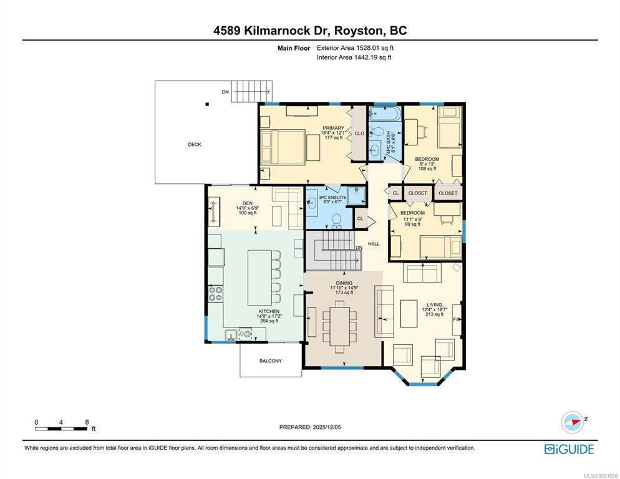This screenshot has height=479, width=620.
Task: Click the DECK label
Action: pyautogui.click(x=194, y=144)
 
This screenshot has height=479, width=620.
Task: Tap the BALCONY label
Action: pyautogui.click(x=271, y=360)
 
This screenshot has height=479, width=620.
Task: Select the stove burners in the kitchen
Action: pyautogui.click(x=215, y=294)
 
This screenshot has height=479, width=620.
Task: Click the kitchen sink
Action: pyautogui.click(x=231, y=335)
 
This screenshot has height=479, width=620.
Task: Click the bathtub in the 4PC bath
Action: pyautogui.click(x=385, y=114)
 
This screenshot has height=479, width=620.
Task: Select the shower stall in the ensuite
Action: pyautogui.click(x=356, y=195)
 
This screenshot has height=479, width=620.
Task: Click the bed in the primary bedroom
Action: pyautogui.click(x=283, y=147)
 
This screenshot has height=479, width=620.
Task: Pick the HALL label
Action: pyautogui.click(x=374, y=244)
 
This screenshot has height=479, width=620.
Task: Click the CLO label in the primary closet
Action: pyautogui.click(x=359, y=133)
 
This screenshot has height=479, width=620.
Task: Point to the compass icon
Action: pyautogui.click(x=573, y=422)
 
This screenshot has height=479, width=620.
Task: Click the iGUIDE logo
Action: pyautogui.click(x=569, y=449)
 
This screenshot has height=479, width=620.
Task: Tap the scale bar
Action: pyautogui.click(x=61, y=428)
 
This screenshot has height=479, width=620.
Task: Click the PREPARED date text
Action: pyautogui.click(x=310, y=427)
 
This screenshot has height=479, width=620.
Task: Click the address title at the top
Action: pyautogui.click(x=310, y=31)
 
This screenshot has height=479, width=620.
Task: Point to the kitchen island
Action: pyautogui.click(x=259, y=278)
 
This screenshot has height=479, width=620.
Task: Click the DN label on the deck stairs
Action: pyautogui.click(x=225, y=92)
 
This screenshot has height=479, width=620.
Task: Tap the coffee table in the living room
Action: pyautogui.click(x=409, y=313)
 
